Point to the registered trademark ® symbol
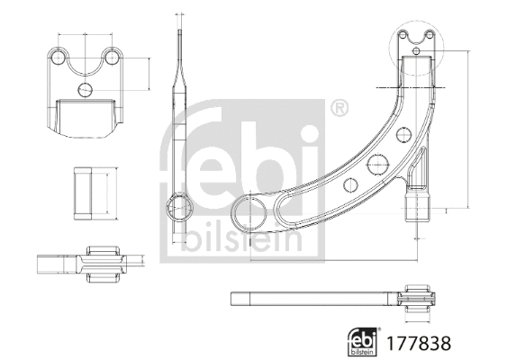340,109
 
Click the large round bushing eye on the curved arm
249,215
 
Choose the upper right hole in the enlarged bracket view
113,58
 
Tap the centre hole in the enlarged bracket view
86,89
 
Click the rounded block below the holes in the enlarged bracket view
86,115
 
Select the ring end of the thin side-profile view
181,206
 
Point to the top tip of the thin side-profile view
180,36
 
